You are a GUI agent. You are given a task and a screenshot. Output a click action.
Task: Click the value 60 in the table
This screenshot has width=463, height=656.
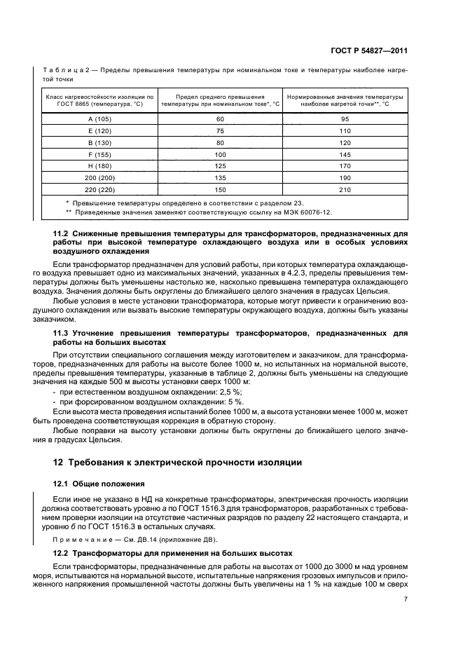coord(220,118)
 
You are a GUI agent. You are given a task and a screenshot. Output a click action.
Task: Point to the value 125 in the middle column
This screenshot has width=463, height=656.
coord(220,166)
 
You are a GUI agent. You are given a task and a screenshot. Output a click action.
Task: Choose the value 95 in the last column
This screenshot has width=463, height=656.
coord(343,118)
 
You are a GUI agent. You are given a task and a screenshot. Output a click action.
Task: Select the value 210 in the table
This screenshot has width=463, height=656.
coord(343,189)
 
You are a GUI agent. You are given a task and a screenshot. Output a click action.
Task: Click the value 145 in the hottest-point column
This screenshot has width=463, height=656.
coord(343,154)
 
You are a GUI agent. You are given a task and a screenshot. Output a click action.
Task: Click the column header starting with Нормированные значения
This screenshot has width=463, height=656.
coord(343,100)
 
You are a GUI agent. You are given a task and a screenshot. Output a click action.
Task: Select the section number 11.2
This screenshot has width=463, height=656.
coord(62,232)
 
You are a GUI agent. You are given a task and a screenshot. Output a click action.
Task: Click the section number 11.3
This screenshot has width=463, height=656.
coord(62,334)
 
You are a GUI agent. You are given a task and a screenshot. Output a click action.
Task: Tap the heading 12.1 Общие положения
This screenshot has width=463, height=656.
coord(99,484)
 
